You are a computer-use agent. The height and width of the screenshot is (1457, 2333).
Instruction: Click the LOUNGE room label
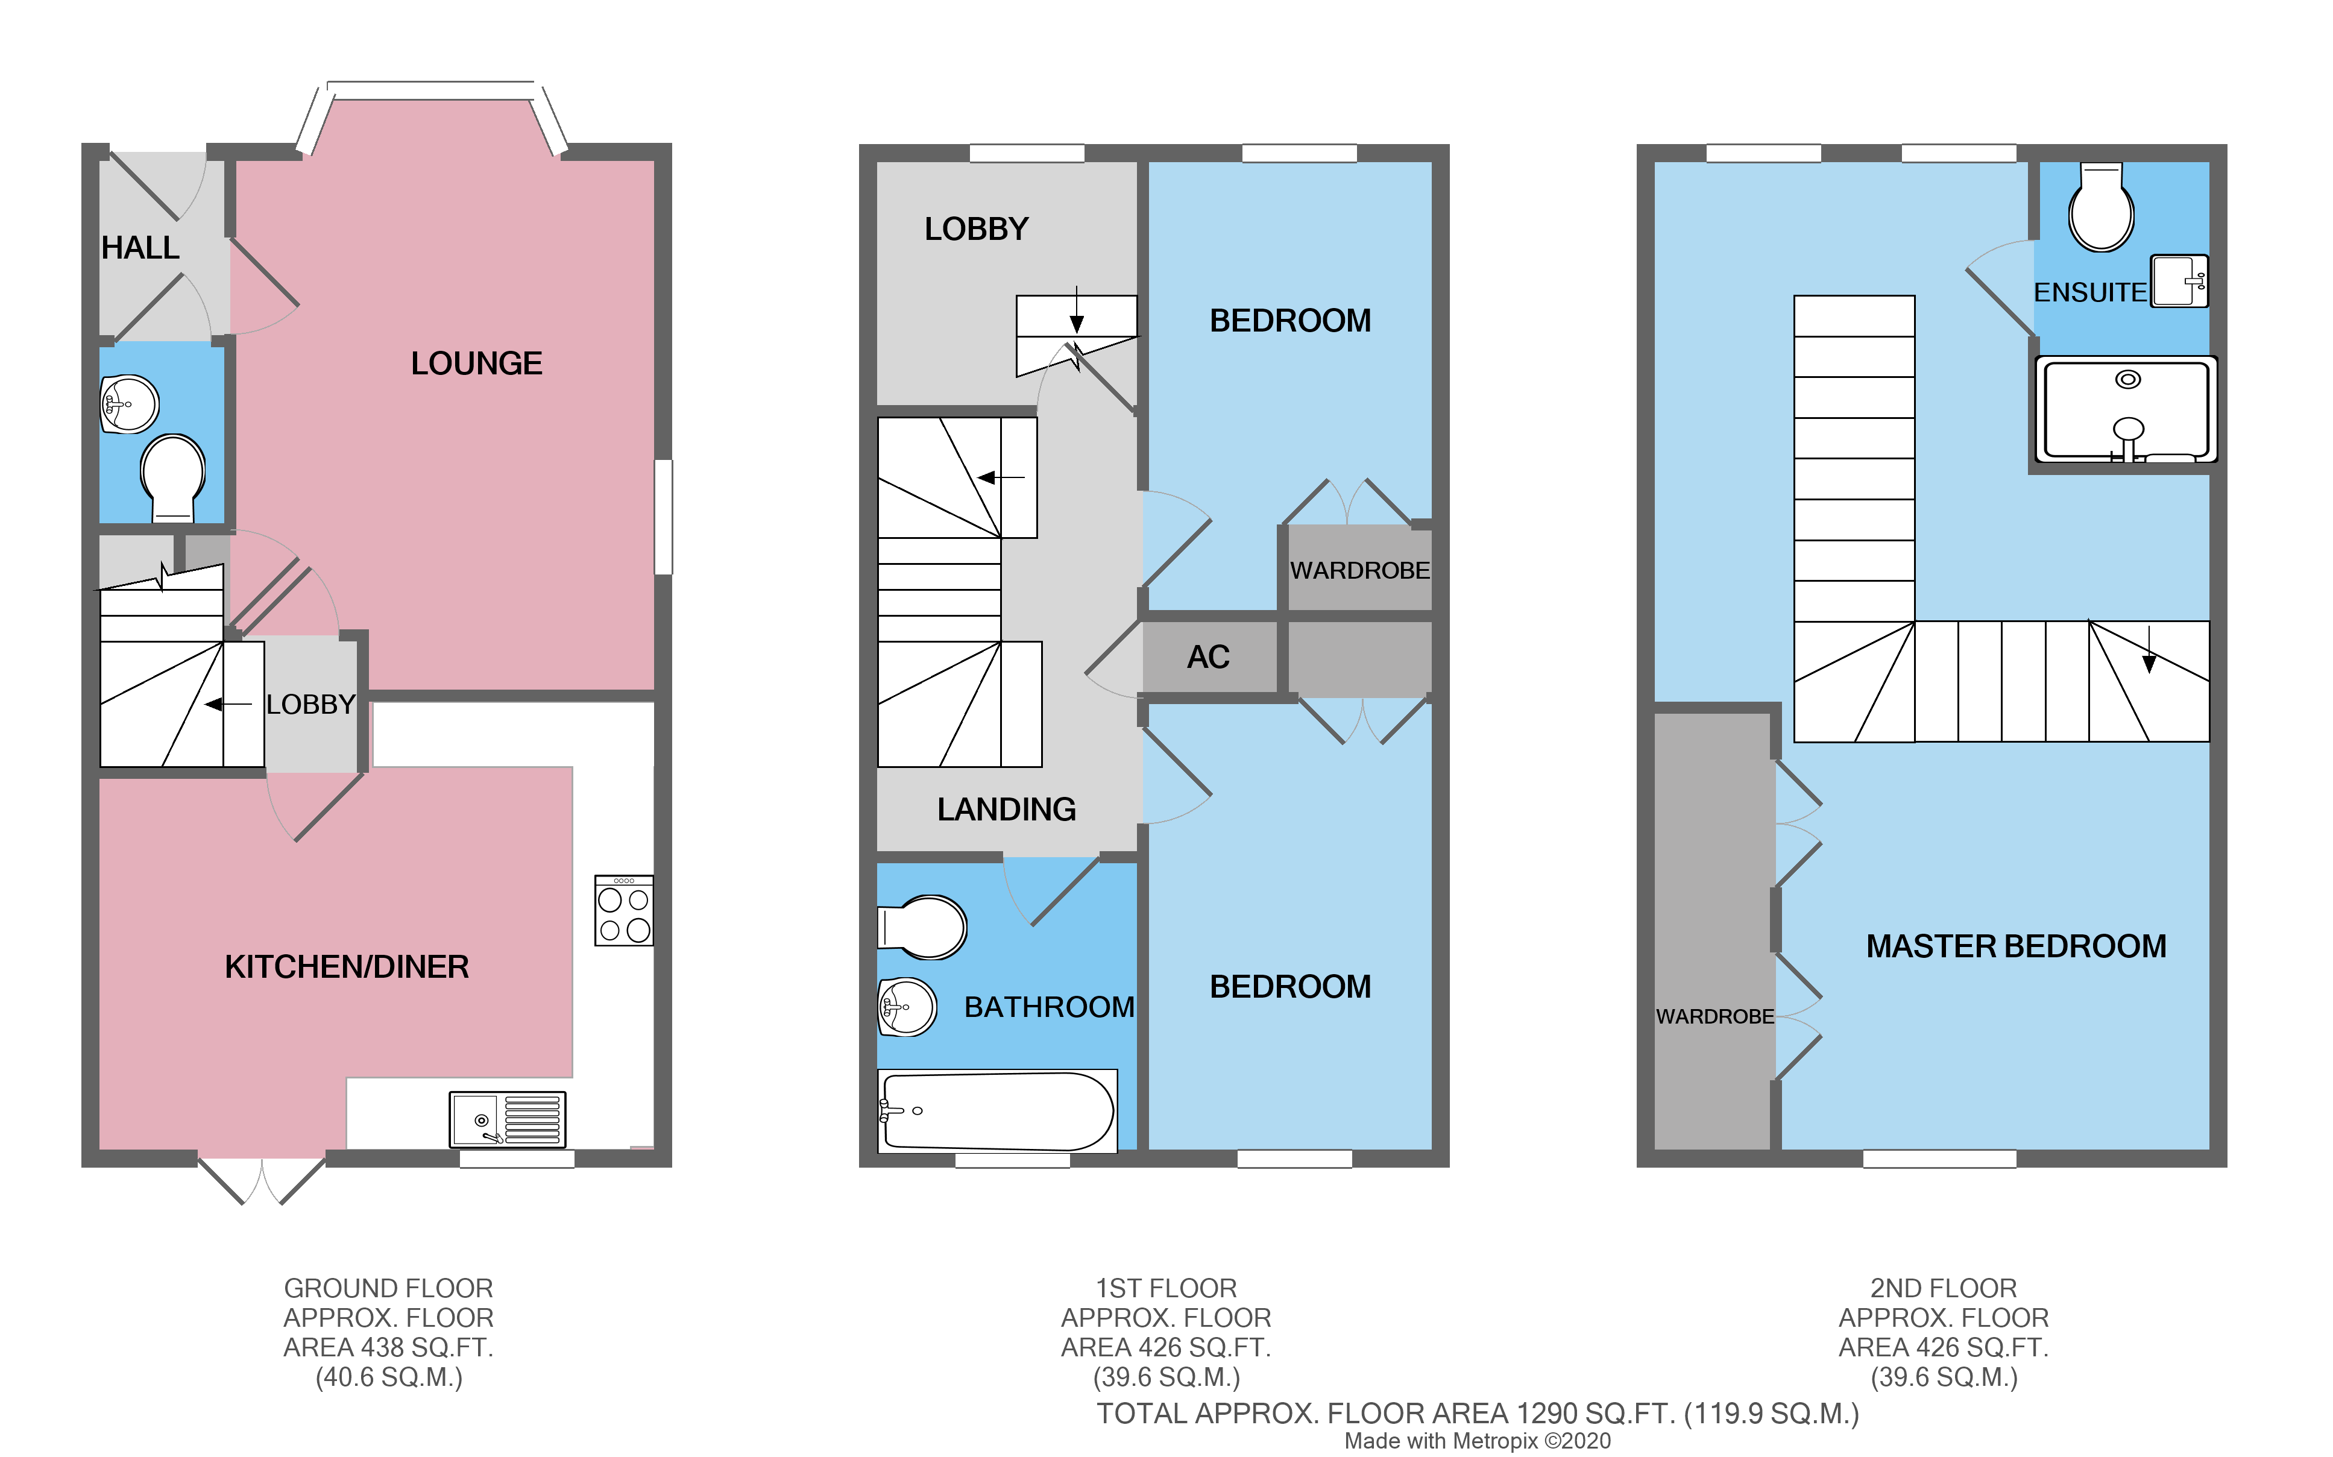[x=476, y=363]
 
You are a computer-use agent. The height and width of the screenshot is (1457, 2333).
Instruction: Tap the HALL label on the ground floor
[x=140, y=248]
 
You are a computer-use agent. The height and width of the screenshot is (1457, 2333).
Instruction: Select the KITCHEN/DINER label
[x=347, y=966]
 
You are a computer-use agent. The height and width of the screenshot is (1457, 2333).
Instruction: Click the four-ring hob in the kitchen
[x=623, y=911]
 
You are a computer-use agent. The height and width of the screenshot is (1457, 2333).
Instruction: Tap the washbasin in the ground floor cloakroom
[x=130, y=404]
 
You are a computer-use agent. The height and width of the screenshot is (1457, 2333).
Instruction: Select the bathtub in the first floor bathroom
[x=997, y=1111]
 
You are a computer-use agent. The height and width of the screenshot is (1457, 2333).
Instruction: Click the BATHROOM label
[x=1050, y=1007]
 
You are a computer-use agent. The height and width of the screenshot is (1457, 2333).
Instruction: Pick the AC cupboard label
[x=1209, y=657]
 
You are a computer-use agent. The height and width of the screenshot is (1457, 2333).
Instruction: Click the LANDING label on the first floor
[x=1006, y=810]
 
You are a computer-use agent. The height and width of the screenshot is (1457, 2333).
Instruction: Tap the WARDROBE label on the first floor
[x=1360, y=570]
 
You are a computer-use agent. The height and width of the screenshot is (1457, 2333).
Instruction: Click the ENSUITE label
[x=2090, y=292]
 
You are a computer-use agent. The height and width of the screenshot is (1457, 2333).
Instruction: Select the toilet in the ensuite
[x=2101, y=208]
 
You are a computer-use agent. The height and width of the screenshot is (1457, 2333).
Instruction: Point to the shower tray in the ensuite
[x=2126, y=409]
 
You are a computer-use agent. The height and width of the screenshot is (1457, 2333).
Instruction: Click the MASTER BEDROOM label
[x=2016, y=946]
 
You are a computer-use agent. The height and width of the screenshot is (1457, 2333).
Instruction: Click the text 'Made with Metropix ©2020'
[x=1478, y=1441]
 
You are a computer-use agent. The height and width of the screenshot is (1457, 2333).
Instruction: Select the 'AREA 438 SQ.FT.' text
[x=388, y=1347]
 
